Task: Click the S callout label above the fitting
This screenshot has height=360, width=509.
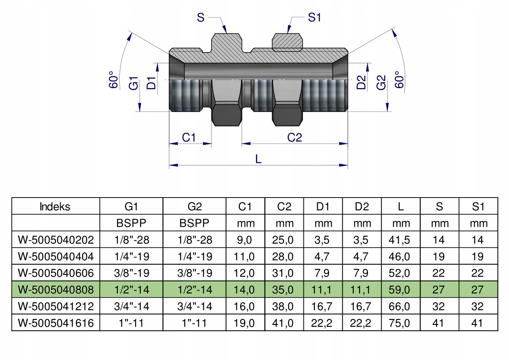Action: (x=200, y=17)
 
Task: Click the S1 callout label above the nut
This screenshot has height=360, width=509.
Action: (x=314, y=17)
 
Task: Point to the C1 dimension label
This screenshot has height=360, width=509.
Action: (x=188, y=137)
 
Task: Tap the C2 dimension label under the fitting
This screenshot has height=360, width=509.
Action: (x=294, y=137)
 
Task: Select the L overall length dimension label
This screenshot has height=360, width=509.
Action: (x=259, y=159)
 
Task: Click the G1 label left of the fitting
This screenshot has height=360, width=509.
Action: (x=134, y=83)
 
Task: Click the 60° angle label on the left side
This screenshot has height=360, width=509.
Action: (x=113, y=80)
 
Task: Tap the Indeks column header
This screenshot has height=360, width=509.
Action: (x=55, y=207)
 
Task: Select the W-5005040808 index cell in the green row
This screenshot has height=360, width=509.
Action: (x=56, y=289)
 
